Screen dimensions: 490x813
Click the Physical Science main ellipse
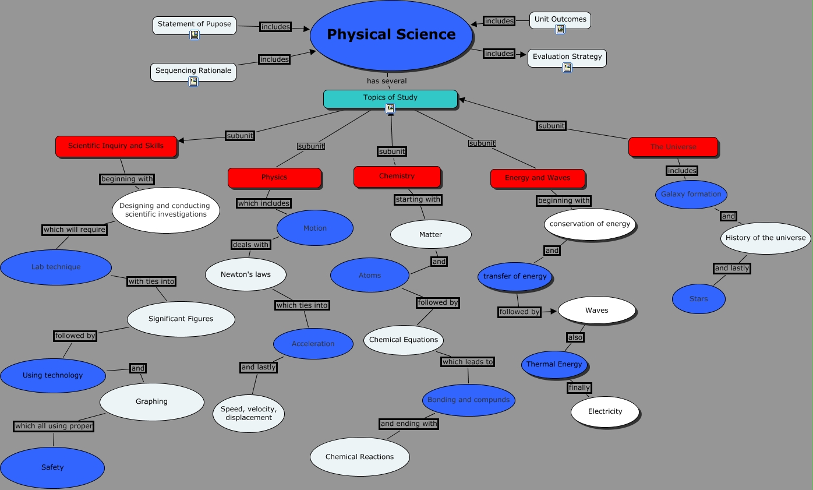pos(391,35)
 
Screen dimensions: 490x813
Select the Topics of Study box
pos(390,97)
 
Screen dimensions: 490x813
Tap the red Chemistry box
pos(397,176)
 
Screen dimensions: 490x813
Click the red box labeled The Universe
pos(673,147)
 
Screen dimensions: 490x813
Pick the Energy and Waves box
pos(537,178)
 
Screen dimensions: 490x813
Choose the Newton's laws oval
pos(245,274)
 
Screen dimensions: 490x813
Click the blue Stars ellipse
pos(698,299)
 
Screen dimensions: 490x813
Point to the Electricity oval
pos(605,411)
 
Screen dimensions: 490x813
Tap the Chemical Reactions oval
pos(359,457)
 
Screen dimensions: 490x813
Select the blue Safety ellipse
pos(52,467)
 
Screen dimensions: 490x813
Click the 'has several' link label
pos(387,81)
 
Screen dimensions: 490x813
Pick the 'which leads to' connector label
pos(467,362)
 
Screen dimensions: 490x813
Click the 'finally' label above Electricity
pos(579,387)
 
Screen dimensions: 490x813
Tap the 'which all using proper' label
pos(54,426)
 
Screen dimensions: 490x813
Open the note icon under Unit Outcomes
pos(560,29)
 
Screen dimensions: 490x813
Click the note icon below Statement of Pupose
pos(195,35)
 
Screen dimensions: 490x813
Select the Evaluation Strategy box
pos(567,57)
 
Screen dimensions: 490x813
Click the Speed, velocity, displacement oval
pos(248,413)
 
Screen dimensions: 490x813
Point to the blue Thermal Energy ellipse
pos(554,364)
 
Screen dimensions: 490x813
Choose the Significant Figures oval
pos(181,319)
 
